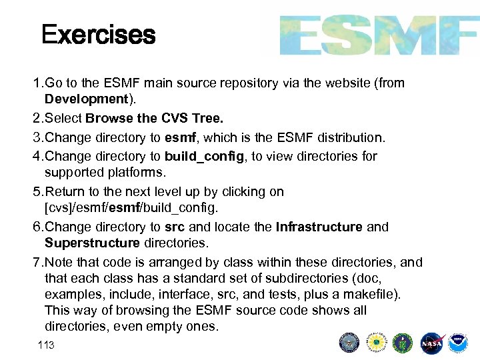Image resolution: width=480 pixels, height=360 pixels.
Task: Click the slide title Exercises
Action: (98, 35)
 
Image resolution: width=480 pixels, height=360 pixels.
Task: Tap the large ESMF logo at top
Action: (378, 35)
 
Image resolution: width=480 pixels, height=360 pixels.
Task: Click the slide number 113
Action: (46, 345)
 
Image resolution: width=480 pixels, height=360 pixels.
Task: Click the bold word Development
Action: (85, 99)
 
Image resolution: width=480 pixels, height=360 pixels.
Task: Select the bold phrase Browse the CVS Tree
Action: (154, 119)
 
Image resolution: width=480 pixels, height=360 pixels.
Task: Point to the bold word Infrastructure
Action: (319, 227)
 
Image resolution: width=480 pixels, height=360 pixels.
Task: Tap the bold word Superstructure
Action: (92, 243)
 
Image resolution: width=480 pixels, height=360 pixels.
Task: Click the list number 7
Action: (37, 262)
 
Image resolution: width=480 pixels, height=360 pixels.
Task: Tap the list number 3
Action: (37, 138)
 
